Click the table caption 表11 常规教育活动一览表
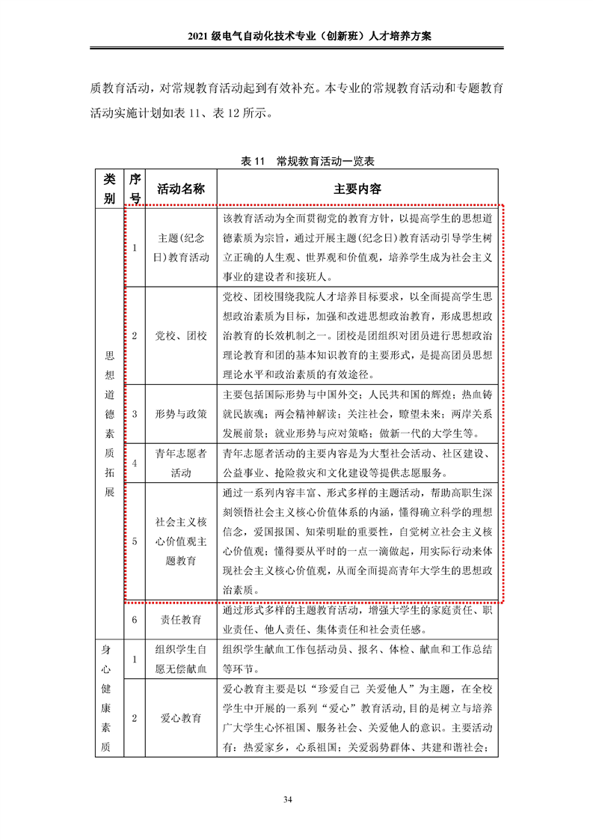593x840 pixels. tap(297, 161)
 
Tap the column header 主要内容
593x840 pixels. tap(357, 189)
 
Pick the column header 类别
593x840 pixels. tap(109, 189)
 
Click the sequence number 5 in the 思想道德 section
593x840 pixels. tap(135, 541)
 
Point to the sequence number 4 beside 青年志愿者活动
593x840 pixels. tap(135, 463)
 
